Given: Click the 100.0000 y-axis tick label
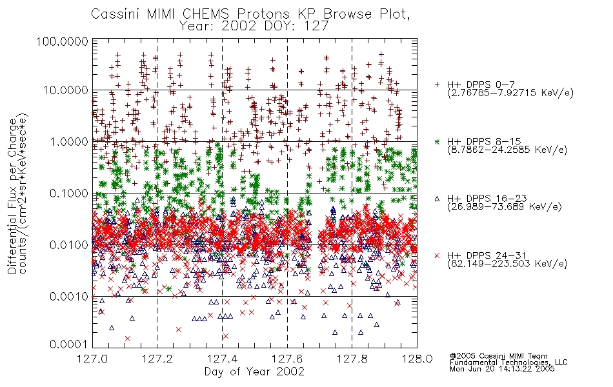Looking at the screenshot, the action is pos(62,41).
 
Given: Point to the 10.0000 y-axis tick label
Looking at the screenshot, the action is pos(66,90).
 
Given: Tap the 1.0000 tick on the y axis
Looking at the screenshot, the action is pos(69,141).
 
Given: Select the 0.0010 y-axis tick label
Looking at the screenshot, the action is pos(69,297).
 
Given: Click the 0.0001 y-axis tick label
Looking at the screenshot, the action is pos(69,344).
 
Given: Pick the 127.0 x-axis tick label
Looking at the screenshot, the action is pos(92,359).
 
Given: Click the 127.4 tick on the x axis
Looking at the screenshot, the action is pos(222,359).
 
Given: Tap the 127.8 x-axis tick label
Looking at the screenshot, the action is pos(352,359).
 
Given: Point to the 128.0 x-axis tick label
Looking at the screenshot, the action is pos(417,359).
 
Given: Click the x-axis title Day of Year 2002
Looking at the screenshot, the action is pos(254,372).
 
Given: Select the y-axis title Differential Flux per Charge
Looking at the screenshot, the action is pos(12,196).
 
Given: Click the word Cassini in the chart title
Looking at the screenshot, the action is pos(114,14).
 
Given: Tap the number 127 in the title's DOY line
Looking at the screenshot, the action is pos(317,26).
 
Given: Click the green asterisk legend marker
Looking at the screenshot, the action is pos(437,141).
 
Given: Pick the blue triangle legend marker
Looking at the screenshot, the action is pos(437,199).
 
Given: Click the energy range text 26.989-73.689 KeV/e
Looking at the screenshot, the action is pos(505,207).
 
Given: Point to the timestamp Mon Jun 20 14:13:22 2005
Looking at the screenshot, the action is pos(502,369).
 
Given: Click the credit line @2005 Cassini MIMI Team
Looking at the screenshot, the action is pos(498,356).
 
